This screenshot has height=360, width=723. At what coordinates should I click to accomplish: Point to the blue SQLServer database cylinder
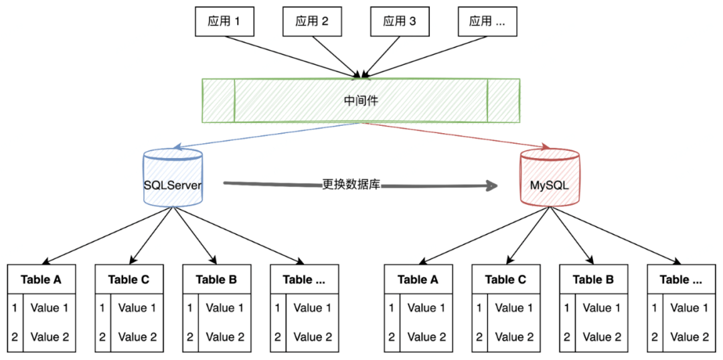pos(173,177)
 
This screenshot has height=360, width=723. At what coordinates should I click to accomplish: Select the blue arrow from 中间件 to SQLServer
pos(268,137)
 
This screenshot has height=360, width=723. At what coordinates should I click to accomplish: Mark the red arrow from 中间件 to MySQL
pos(455,137)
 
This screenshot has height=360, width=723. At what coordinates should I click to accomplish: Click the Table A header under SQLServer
pos(41,279)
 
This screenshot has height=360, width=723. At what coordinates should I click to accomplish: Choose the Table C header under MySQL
pos(505,279)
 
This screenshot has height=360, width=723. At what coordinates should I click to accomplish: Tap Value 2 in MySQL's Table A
pos(426,337)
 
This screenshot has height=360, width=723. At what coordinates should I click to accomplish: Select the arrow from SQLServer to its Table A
pos(107,234)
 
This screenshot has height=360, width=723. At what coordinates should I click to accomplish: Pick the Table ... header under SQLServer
pos(304,279)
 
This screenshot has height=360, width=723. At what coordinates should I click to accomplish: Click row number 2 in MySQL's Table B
pos(567,337)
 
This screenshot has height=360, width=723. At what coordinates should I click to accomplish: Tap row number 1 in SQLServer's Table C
pos(102,308)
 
